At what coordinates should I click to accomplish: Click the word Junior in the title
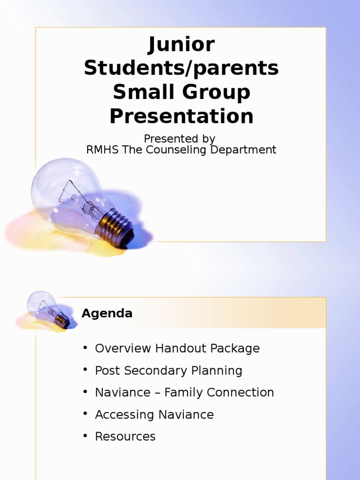pos(181,45)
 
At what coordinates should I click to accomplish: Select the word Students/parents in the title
pos(181,68)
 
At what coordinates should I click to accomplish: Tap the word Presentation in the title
pos(181,116)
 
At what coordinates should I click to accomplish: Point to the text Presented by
pos(179,139)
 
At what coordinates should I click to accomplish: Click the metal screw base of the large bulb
pos(114,227)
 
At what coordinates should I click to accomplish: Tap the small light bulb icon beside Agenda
pos(47,310)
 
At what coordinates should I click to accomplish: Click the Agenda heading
pos(107,314)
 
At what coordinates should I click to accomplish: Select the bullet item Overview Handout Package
pos(177,349)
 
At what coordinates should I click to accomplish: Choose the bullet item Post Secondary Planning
pos(168,371)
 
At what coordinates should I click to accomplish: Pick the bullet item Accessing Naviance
pos(154,415)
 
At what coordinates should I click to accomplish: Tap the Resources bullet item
pos(125,437)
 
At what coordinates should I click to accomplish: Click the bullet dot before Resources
pos(85,436)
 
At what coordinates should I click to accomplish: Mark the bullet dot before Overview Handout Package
pos(85,348)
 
